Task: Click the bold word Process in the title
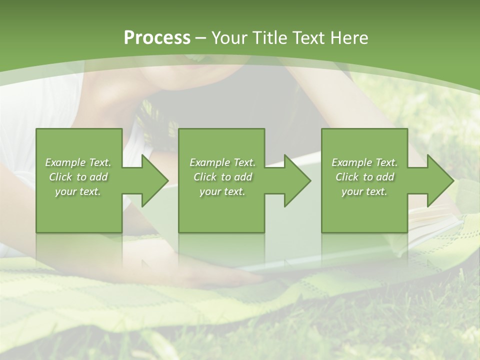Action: pos(157,38)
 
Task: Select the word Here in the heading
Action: pos(348,38)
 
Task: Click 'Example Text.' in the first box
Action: pos(78,162)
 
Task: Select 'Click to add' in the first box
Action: pos(78,177)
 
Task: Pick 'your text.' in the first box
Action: pos(78,191)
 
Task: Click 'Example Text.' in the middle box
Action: pos(222,162)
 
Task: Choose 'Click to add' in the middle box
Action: pos(222,177)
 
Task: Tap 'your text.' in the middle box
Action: pos(222,191)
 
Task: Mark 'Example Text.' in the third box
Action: pos(364,162)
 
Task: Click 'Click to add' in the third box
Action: pos(364,177)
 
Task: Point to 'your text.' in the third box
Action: pos(364,191)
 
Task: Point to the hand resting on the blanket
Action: pos(210,272)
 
